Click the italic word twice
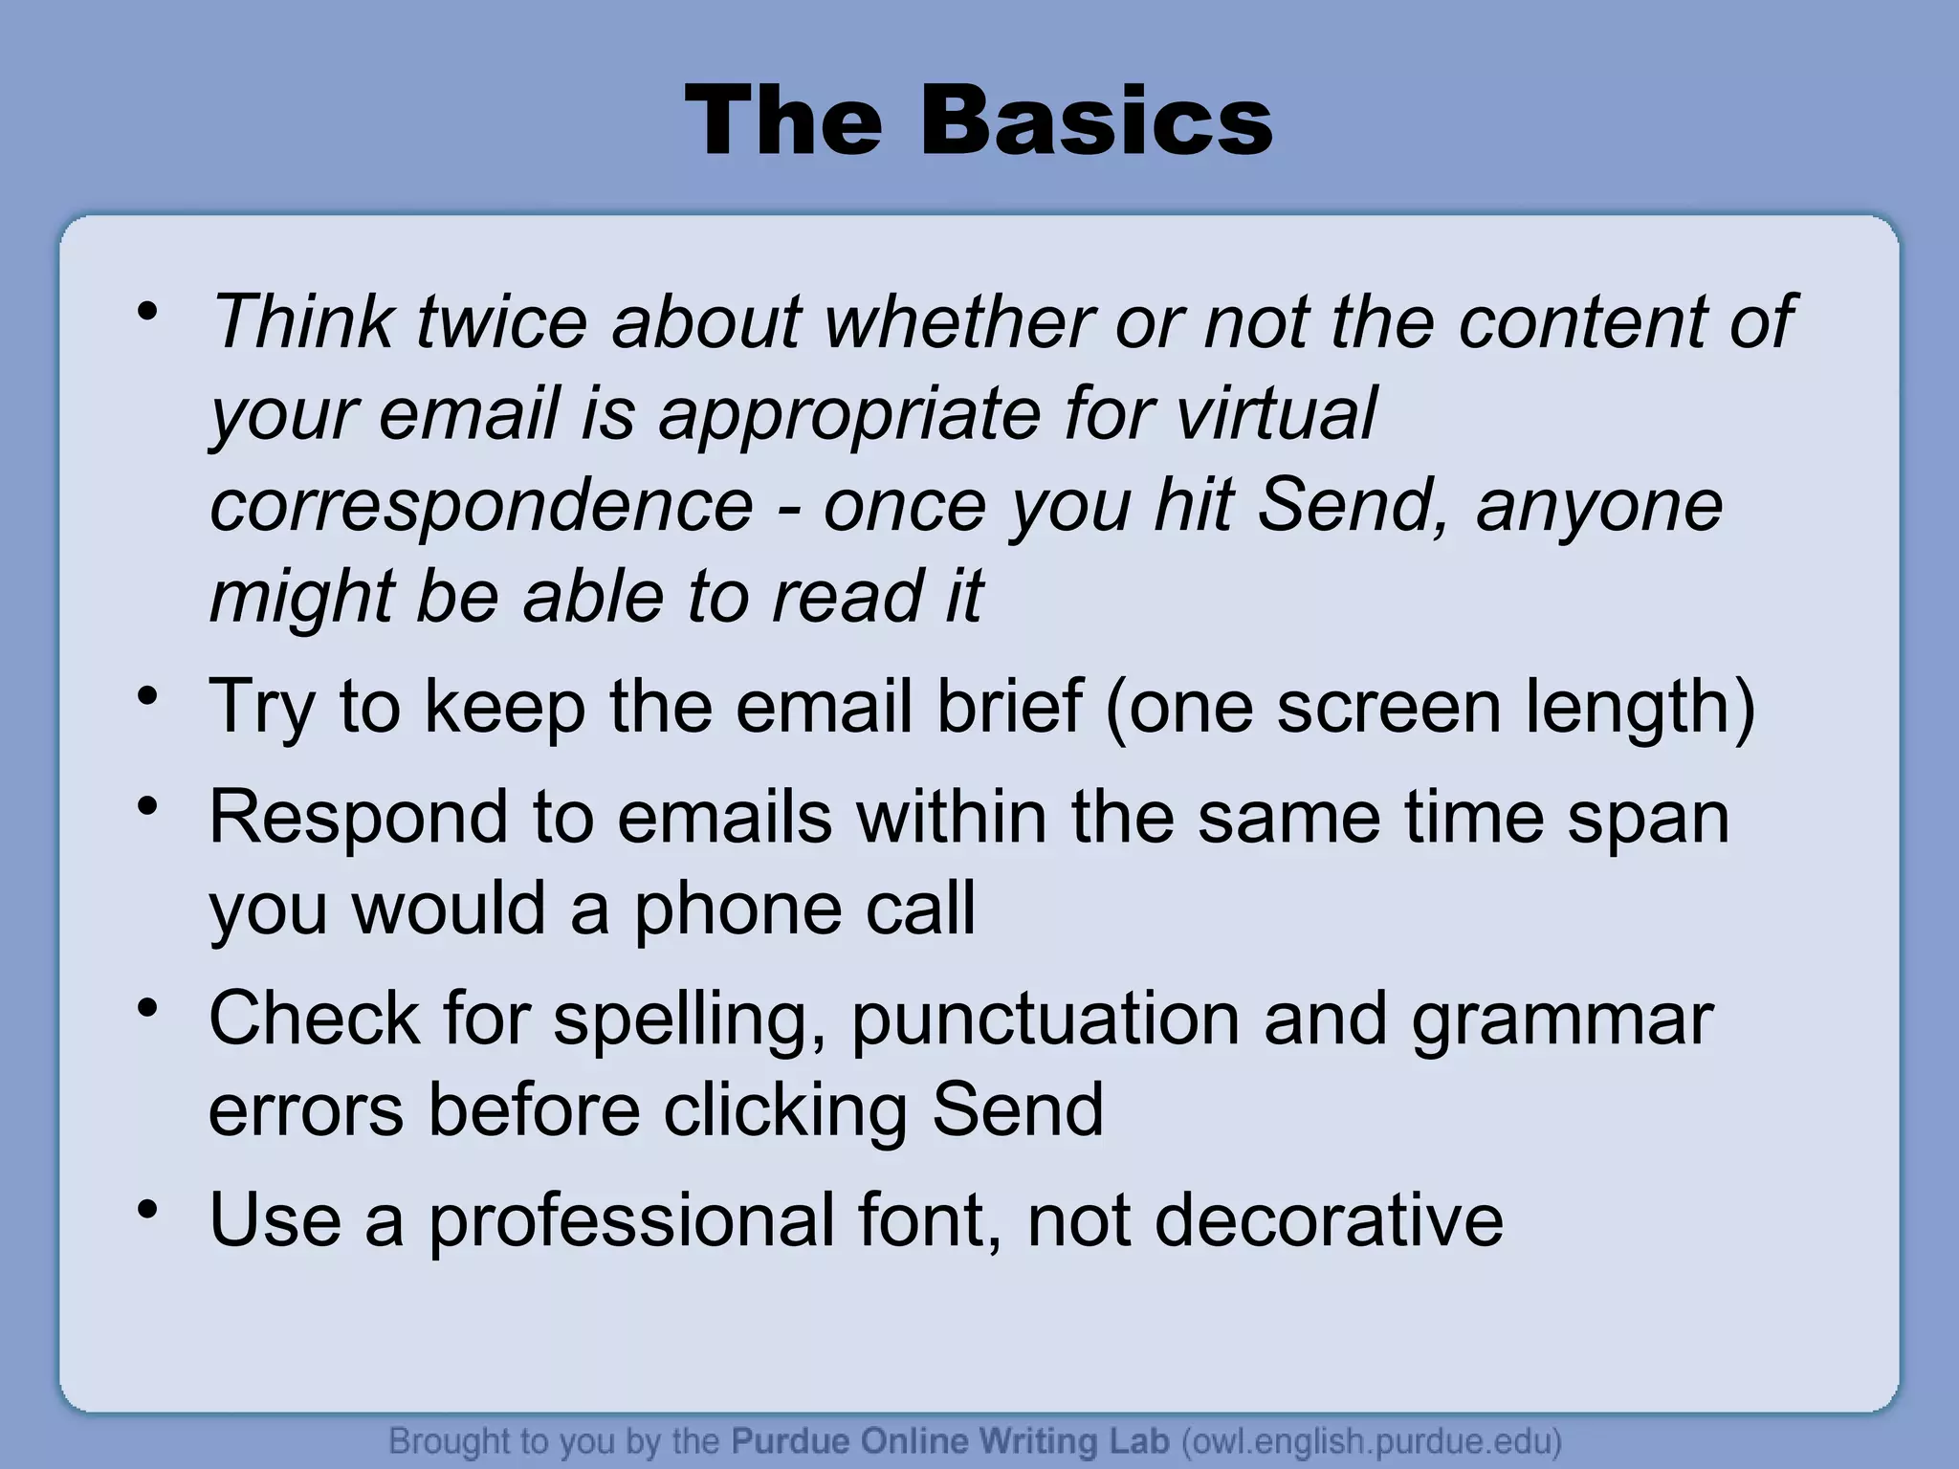(x=501, y=321)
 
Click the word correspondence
(x=482, y=507)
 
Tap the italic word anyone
(x=1599, y=505)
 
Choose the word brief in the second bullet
(x=1009, y=706)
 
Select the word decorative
(x=1329, y=1220)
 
